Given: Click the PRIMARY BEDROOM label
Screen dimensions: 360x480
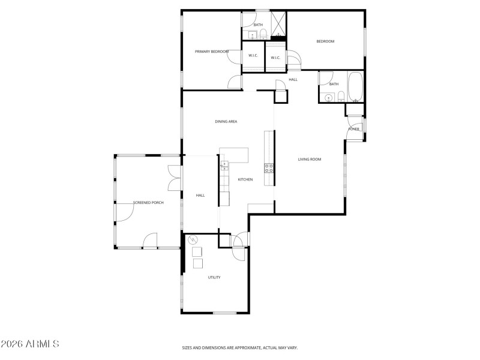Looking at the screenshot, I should (212, 52).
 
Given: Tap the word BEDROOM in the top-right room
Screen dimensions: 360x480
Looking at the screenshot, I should (325, 41).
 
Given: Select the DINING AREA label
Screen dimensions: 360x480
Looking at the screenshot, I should (226, 122).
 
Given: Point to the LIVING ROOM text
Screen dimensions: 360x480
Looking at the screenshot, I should (310, 160).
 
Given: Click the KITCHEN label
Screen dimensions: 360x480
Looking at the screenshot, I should (245, 179).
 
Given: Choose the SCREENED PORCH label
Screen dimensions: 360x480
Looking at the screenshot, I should (148, 203).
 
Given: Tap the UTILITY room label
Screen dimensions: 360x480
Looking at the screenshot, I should (214, 277).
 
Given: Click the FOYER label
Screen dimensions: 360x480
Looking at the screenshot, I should (354, 129).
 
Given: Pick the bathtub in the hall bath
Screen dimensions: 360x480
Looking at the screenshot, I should (355, 87).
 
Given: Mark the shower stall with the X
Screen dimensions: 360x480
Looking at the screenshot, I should (278, 24).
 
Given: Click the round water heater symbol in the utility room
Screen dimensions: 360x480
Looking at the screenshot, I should (193, 241).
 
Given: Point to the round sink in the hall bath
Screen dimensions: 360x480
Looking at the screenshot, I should (329, 98).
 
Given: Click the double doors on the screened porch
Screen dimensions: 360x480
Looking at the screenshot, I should (173, 179).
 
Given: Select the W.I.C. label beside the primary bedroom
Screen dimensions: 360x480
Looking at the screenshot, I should (253, 56).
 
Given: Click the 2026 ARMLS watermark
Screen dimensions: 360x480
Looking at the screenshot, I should (30, 344).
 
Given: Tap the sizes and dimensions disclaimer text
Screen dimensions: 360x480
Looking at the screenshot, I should (240, 347).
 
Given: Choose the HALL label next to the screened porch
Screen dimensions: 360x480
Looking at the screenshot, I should (200, 196).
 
